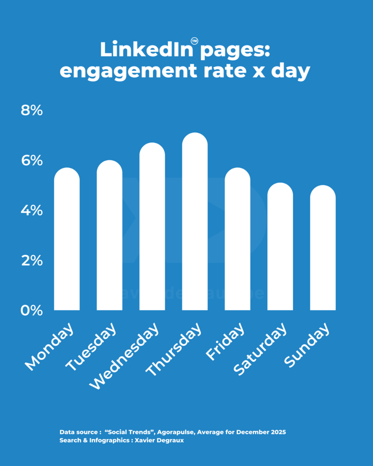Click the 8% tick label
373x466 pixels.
point(32,111)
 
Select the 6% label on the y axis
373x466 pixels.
point(32,161)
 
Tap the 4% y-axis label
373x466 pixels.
point(32,211)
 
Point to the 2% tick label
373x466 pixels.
point(32,261)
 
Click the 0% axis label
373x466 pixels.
point(32,311)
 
